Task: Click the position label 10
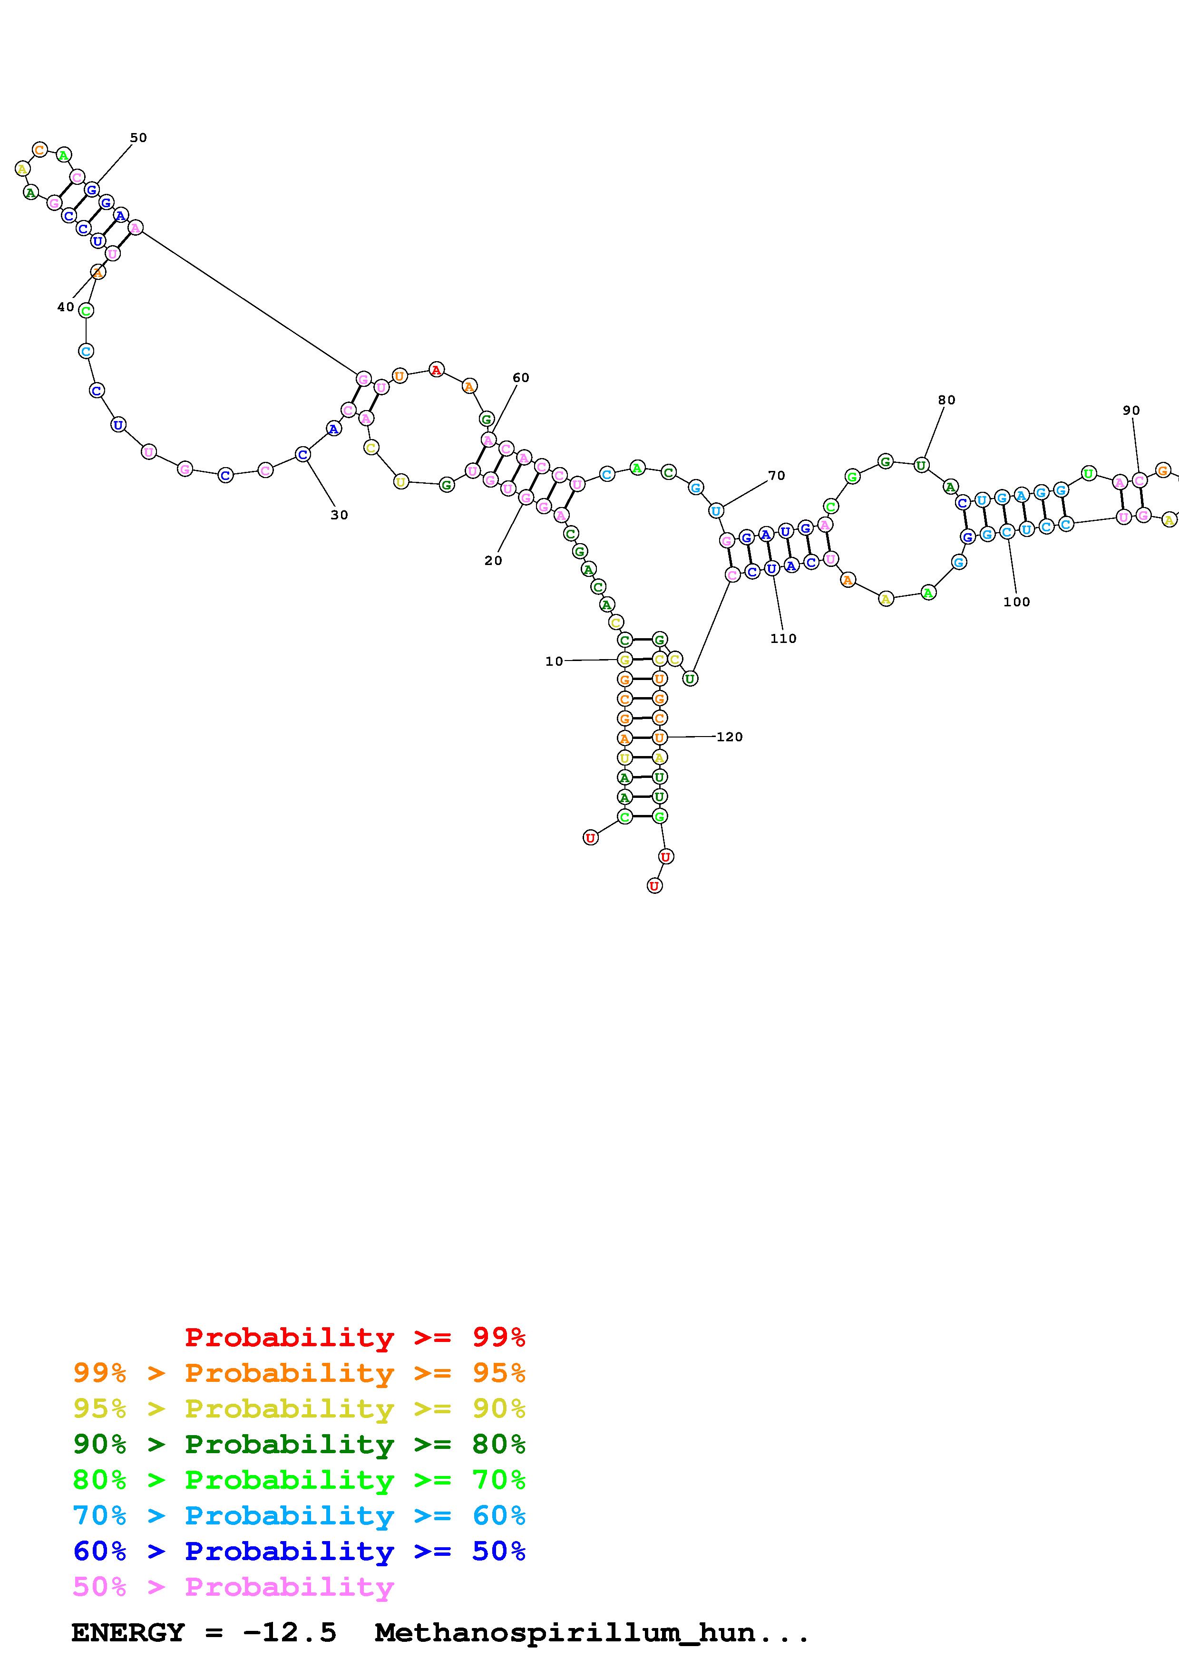coord(554,661)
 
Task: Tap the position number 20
coord(493,561)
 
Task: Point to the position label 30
coord(339,515)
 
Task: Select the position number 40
coord(65,307)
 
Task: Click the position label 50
coord(138,138)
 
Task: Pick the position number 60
coord(521,377)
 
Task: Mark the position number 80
coord(946,400)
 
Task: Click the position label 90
coord(1131,410)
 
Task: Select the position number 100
coord(1016,602)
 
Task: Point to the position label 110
coord(783,639)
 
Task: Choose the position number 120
coord(730,737)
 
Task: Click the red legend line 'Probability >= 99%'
coord(355,1337)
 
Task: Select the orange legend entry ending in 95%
coord(299,1373)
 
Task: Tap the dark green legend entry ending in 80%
coord(299,1444)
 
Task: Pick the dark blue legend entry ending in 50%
coord(299,1551)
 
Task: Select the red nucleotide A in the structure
coord(436,370)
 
